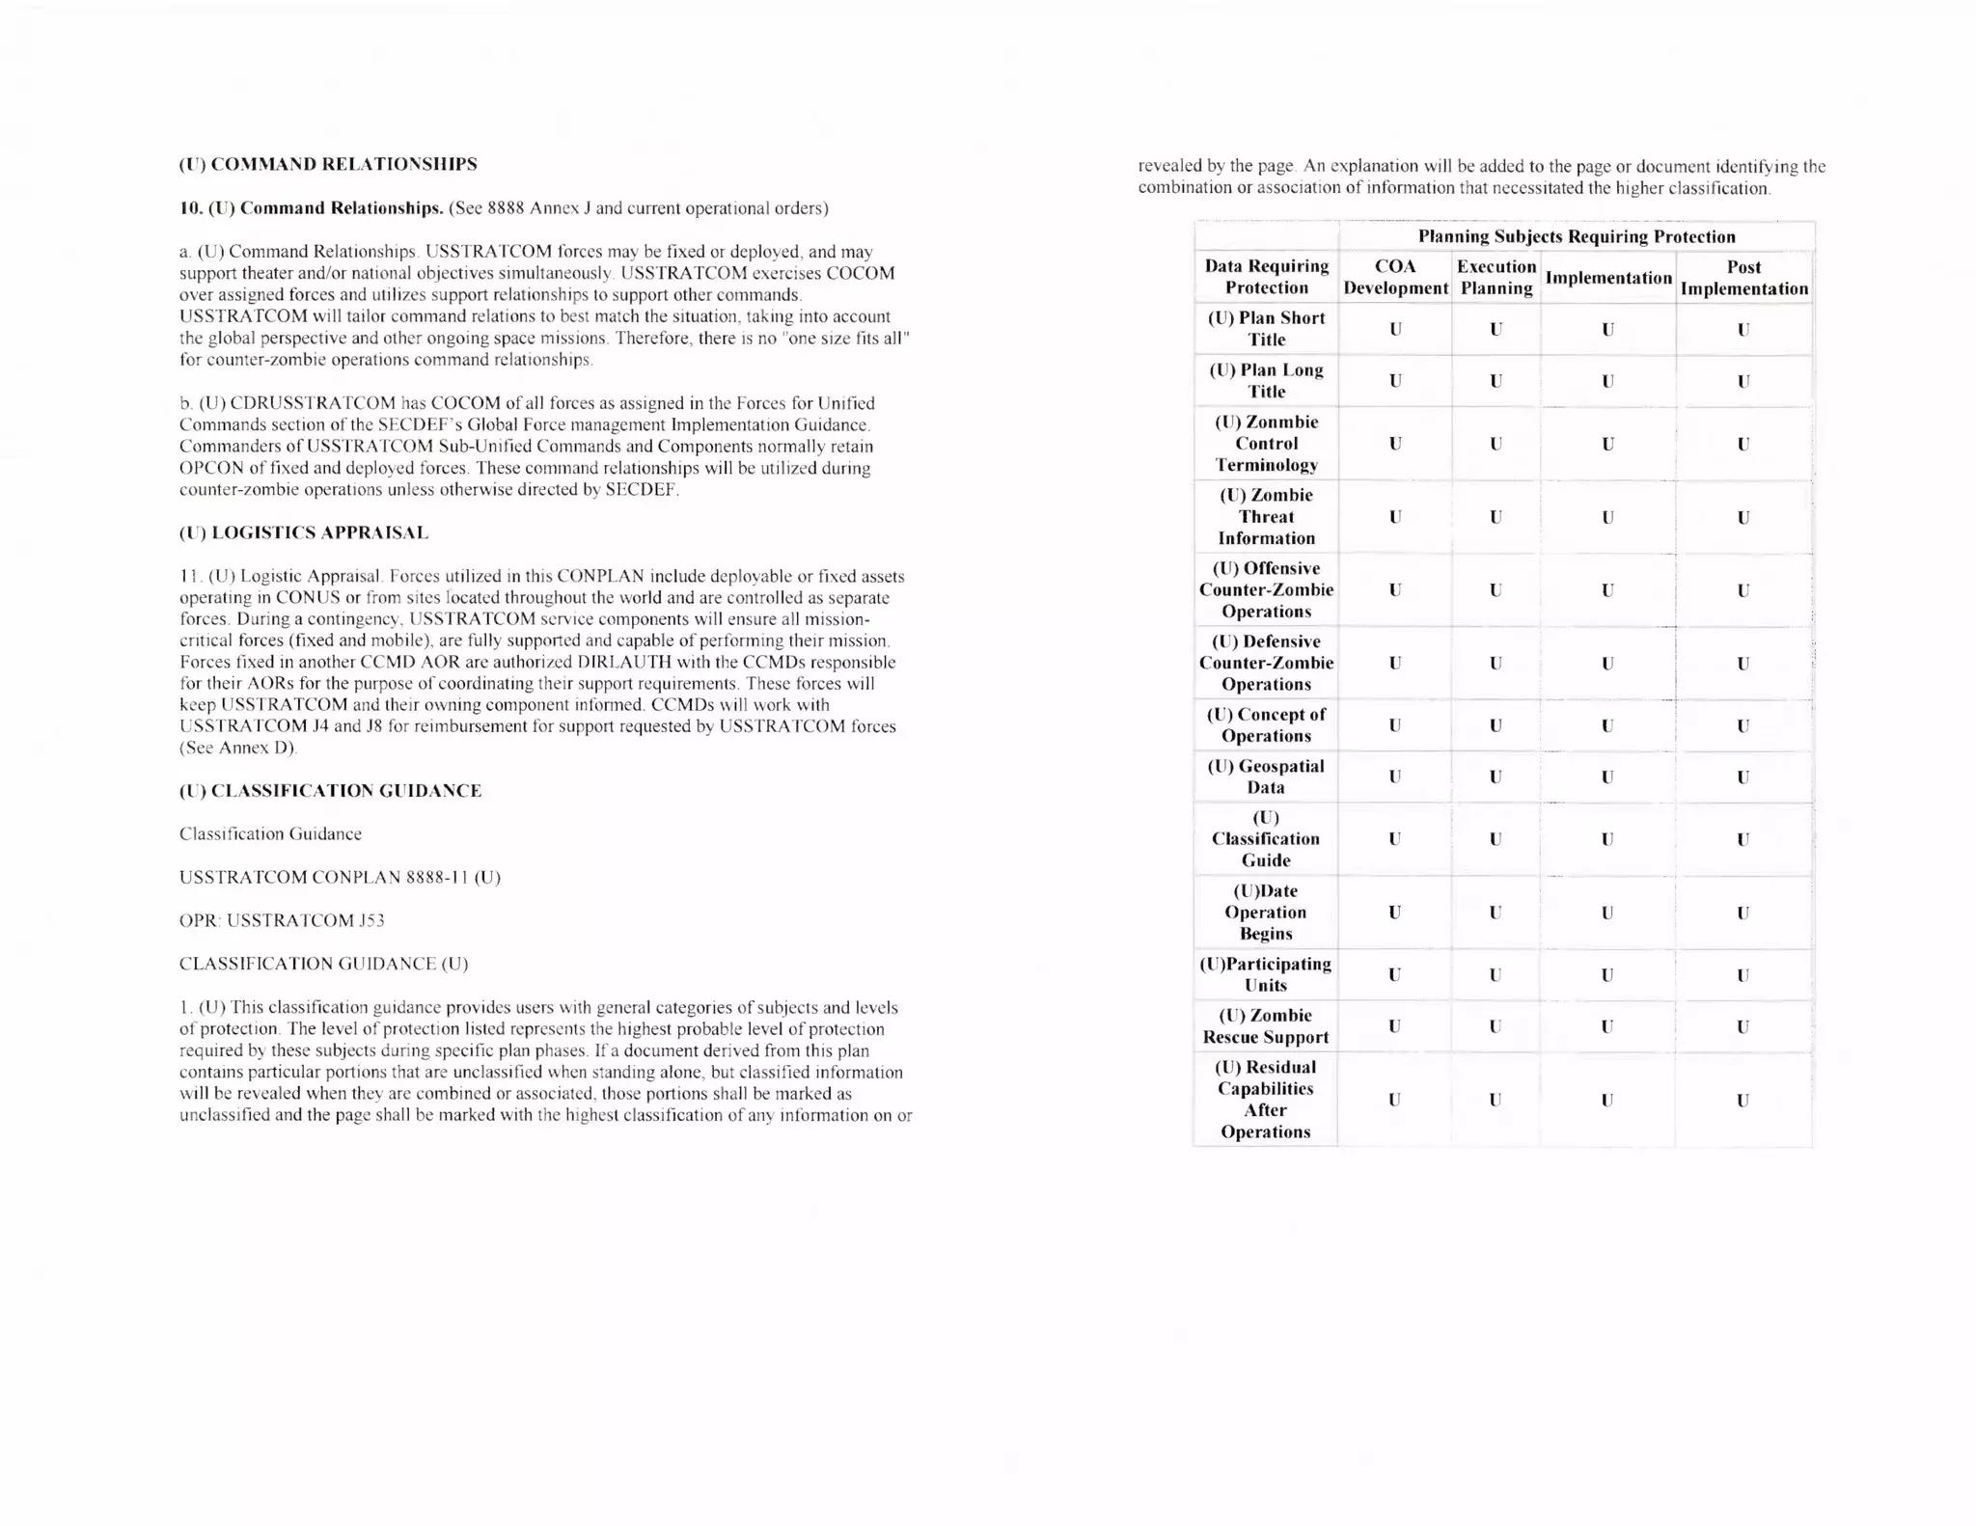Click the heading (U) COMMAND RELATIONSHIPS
(328, 164)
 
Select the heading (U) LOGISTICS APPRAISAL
(304, 532)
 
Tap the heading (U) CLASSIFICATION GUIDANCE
(330, 791)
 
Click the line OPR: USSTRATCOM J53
(282, 920)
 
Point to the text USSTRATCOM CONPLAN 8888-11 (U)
(340, 877)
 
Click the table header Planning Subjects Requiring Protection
(1576, 236)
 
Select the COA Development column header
(1395, 277)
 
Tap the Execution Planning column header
(1496, 277)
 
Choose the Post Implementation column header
(1743, 277)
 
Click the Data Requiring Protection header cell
(1266, 277)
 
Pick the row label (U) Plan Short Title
(1266, 329)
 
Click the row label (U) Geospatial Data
(1266, 777)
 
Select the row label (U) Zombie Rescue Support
(1266, 1026)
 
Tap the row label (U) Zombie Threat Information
(1266, 517)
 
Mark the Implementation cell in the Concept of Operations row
(1607, 725)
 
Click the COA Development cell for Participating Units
(1395, 975)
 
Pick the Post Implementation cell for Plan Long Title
(1743, 381)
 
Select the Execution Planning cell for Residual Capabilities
(1496, 1100)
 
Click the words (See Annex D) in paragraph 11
(238, 748)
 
